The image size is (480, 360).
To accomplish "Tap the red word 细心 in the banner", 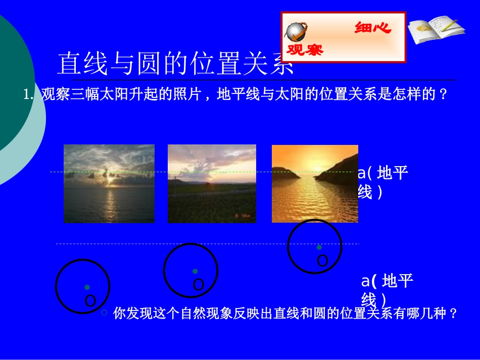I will click(373, 28).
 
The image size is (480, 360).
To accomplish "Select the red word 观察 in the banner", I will click(305, 49).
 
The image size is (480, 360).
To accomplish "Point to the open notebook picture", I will click(436, 30).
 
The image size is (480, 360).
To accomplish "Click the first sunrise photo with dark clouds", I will click(109, 184).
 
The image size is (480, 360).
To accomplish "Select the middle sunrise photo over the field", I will click(212, 184).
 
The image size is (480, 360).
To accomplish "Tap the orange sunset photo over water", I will click(315, 184).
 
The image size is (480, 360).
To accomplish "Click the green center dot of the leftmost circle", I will click(87, 287).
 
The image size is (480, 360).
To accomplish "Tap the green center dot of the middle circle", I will click(195, 271).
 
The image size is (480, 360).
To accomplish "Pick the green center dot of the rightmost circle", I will click(319, 247).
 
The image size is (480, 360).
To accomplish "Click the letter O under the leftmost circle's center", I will click(90, 301).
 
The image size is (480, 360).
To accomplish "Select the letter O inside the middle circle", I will click(199, 285).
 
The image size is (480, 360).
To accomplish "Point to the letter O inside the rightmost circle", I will click(322, 261).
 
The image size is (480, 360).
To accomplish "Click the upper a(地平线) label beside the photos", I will click(382, 182).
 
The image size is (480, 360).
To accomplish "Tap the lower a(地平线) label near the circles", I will click(387, 289).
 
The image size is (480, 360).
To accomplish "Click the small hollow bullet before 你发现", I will click(104, 313).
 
